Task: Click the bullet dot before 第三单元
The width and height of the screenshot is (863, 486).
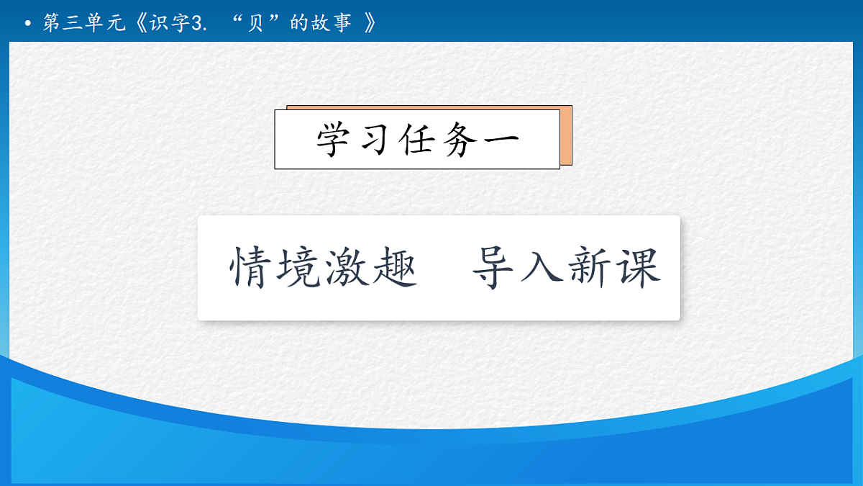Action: click(28, 24)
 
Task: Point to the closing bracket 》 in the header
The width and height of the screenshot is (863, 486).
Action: click(370, 24)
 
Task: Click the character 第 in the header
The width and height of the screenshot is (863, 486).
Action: click(51, 24)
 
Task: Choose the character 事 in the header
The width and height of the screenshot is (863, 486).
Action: click(342, 24)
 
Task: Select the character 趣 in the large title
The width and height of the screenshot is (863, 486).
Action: click(395, 268)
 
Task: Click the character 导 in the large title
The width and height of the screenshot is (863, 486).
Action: click(496, 268)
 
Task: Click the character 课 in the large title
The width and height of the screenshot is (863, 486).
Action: click(637, 268)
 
